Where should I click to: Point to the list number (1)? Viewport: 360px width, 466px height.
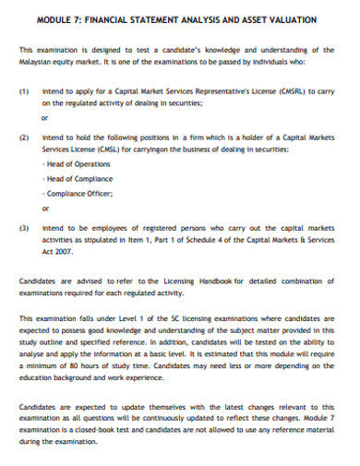coord(24,92)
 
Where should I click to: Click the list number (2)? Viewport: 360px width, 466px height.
coord(24,136)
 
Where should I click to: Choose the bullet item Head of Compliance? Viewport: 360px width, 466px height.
coord(79,178)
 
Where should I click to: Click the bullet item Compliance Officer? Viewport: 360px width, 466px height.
coord(79,193)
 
